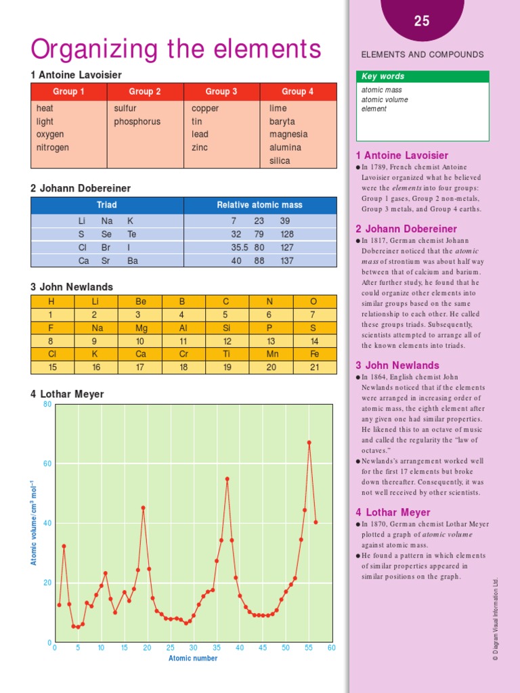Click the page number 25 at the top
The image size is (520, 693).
coord(422,22)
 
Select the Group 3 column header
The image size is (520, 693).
coord(221,91)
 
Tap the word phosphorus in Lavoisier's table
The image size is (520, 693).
coord(137,122)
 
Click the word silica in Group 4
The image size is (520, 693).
coord(280,161)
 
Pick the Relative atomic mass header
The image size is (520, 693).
coord(259,205)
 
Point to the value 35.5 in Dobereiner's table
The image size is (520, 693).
coord(240,248)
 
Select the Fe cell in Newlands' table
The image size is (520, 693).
coord(313,354)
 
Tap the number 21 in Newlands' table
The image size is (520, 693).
coord(313,367)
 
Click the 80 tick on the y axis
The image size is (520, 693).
coord(47,405)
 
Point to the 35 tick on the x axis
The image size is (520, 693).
coord(217,648)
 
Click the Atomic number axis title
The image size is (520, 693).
coord(193,658)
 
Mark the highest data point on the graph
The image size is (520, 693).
coord(309,443)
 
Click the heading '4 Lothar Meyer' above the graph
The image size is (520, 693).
coord(67,394)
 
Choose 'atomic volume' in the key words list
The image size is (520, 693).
coord(384,99)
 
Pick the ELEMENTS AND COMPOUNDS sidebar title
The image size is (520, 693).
coord(422,55)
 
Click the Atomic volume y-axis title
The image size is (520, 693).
coord(32,523)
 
